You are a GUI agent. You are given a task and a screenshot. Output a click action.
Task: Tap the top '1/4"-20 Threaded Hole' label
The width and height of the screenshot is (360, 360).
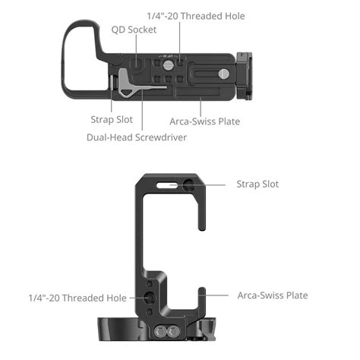(195, 16)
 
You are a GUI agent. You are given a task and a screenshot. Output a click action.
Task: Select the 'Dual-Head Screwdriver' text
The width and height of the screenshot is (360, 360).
(136, 137)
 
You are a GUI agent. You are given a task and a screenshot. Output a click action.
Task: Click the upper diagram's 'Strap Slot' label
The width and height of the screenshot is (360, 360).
(102, 120)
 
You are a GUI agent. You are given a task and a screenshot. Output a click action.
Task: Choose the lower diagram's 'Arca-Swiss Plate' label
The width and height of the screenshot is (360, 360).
(273, 295)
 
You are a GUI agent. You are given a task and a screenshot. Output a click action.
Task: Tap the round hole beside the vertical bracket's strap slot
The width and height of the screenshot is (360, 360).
(189, 185)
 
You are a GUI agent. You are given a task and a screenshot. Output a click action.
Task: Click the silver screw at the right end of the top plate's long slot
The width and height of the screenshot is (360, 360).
(224, 74)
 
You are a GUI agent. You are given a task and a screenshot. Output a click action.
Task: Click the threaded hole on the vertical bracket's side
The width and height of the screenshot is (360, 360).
(149, 297)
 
